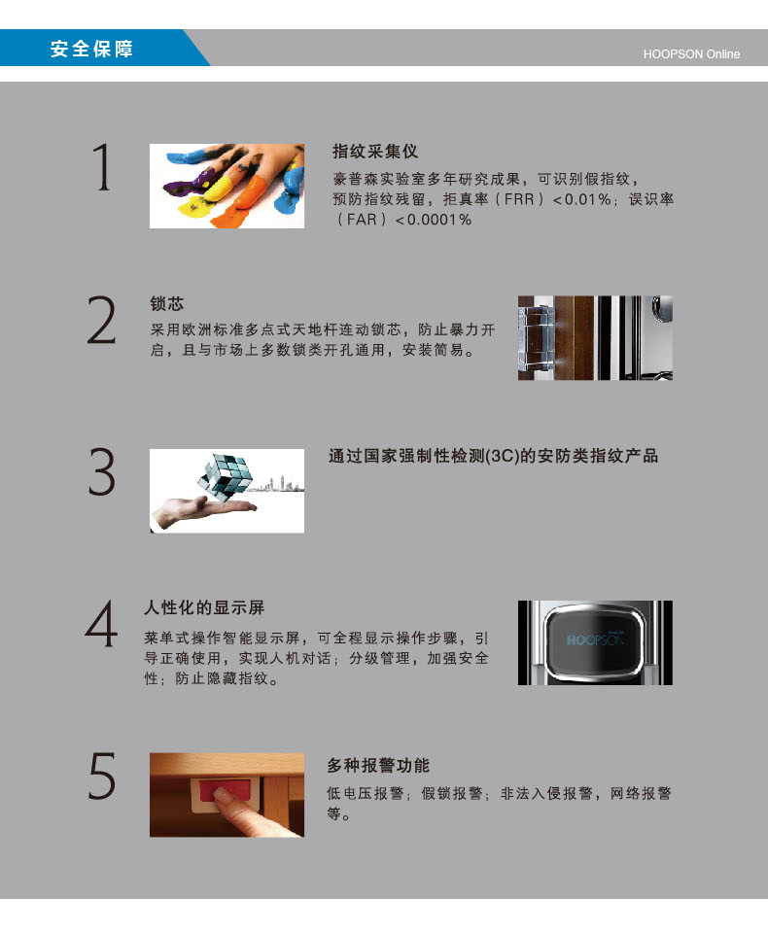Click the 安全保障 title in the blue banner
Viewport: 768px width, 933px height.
click(x=91, y=49)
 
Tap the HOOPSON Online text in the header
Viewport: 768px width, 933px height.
click(x=691, y=54)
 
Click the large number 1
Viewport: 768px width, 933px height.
click(x=102, y=167)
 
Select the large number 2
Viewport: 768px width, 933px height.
click(x=102, y=321)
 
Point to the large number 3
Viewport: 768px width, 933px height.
click(x=102, y=472)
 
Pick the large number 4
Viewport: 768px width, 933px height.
click(x=101, y=624)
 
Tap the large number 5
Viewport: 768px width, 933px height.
click(x=102, y=776)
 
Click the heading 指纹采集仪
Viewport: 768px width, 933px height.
click(x=375, y=152)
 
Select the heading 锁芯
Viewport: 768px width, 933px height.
click(x=166, y=303)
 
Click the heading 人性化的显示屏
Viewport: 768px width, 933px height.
click(x=204, y=607)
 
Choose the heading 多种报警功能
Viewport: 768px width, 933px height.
click(x=378, y=765)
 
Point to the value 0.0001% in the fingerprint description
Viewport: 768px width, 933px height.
click(x=439, y=220)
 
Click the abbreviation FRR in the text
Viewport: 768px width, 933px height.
click(x=519, y=199)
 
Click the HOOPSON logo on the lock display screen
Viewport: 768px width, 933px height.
click(x=595, y=639)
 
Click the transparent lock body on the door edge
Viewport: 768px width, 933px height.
click(x=536, y=337)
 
